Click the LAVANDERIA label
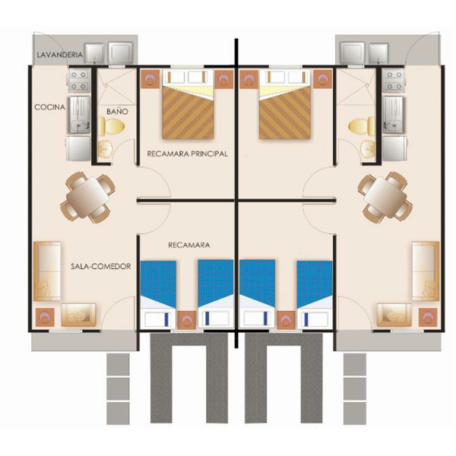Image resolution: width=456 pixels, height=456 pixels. click(x=60, y=55)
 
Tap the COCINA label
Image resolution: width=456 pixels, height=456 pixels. click(x=49, y=107)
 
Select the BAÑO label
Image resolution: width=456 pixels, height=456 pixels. click(x=117, y=111)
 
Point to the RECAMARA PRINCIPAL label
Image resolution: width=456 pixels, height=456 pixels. click(x=187, y=154)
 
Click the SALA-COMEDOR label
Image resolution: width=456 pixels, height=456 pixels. click(x=100, y=266)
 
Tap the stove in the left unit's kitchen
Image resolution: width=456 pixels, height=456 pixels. click(x=79, y=81)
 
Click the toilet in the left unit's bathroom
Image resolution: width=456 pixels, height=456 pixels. click(x=111, y=126)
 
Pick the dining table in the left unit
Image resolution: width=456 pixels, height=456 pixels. click(x=87, y=197)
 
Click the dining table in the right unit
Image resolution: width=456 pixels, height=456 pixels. click(x=385, y=197)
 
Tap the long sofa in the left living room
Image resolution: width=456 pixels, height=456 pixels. click(x=47, y=271)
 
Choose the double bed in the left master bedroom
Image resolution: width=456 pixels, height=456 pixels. click(x=188, y=104)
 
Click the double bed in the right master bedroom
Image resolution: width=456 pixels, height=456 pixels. click(x=285, y=104)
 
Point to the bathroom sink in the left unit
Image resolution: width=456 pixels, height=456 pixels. click(x=106, y=149)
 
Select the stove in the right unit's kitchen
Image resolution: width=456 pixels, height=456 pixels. click(x=394, y=81)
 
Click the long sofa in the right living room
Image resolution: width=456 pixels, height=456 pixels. click(x=426, y=271)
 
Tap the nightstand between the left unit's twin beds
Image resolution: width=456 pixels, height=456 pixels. click(x=186, y=320)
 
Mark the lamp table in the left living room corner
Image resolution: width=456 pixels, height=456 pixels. click(x=45, y=317)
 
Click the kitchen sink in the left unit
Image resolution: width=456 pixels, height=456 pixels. click(x=79, y=114)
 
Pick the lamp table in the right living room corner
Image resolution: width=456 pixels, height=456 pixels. click(x=428, y=317)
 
